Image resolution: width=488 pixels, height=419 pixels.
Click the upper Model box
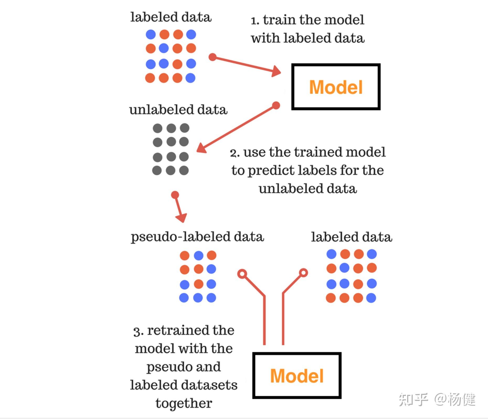336,87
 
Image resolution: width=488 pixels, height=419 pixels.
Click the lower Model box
297,375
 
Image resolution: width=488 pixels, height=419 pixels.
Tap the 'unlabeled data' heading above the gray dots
178,110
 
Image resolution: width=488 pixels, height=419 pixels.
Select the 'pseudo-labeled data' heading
197,237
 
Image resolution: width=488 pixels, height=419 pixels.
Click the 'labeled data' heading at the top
171,17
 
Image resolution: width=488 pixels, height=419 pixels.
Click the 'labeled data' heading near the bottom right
352,237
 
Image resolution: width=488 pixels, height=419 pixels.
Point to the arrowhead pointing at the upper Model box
276,71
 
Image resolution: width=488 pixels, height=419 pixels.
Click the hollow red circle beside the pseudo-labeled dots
242,274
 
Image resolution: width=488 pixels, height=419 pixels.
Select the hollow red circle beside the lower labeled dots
303,273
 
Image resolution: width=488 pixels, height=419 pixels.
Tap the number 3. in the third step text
138,331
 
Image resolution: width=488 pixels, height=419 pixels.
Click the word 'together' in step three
184,403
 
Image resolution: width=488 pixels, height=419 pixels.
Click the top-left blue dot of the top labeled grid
151,34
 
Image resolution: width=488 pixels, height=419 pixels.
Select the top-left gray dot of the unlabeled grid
157,128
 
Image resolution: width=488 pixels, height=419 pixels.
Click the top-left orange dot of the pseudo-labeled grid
185,255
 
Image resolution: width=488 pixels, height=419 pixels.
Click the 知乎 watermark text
413,399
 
